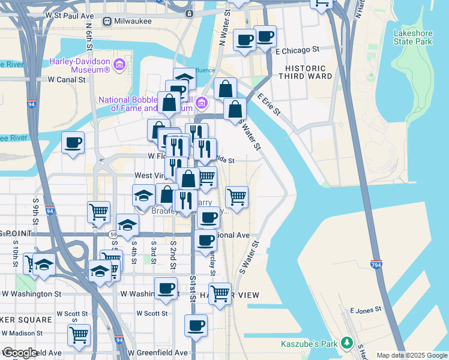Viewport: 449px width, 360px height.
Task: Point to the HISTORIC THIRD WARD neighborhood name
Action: pyautogui.click(x=306, y=73)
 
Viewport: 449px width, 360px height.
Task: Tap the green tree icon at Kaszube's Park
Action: pyautogui.click(x=346, y=343)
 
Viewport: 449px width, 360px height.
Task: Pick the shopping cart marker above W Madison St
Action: pyautogui.click(x=79, y=335)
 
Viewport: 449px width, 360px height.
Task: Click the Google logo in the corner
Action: pyautogui.click(x=20, y=353)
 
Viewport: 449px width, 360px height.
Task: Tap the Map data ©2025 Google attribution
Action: pyautogui.click(x=411, y=355)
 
